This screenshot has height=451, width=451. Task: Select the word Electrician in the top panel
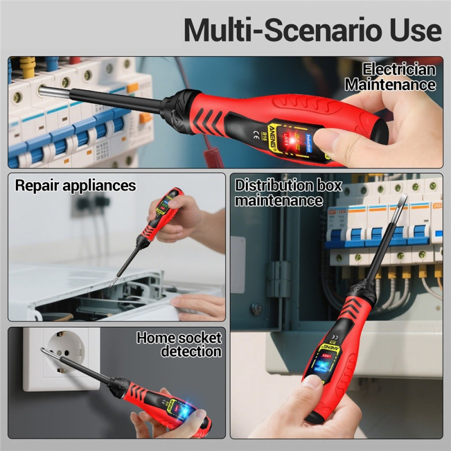tap(399, 70)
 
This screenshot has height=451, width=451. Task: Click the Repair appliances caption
tap(76, 185)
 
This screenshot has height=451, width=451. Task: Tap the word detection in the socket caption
tap(191, 352)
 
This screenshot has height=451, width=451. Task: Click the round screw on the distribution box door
tap(257, 309)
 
